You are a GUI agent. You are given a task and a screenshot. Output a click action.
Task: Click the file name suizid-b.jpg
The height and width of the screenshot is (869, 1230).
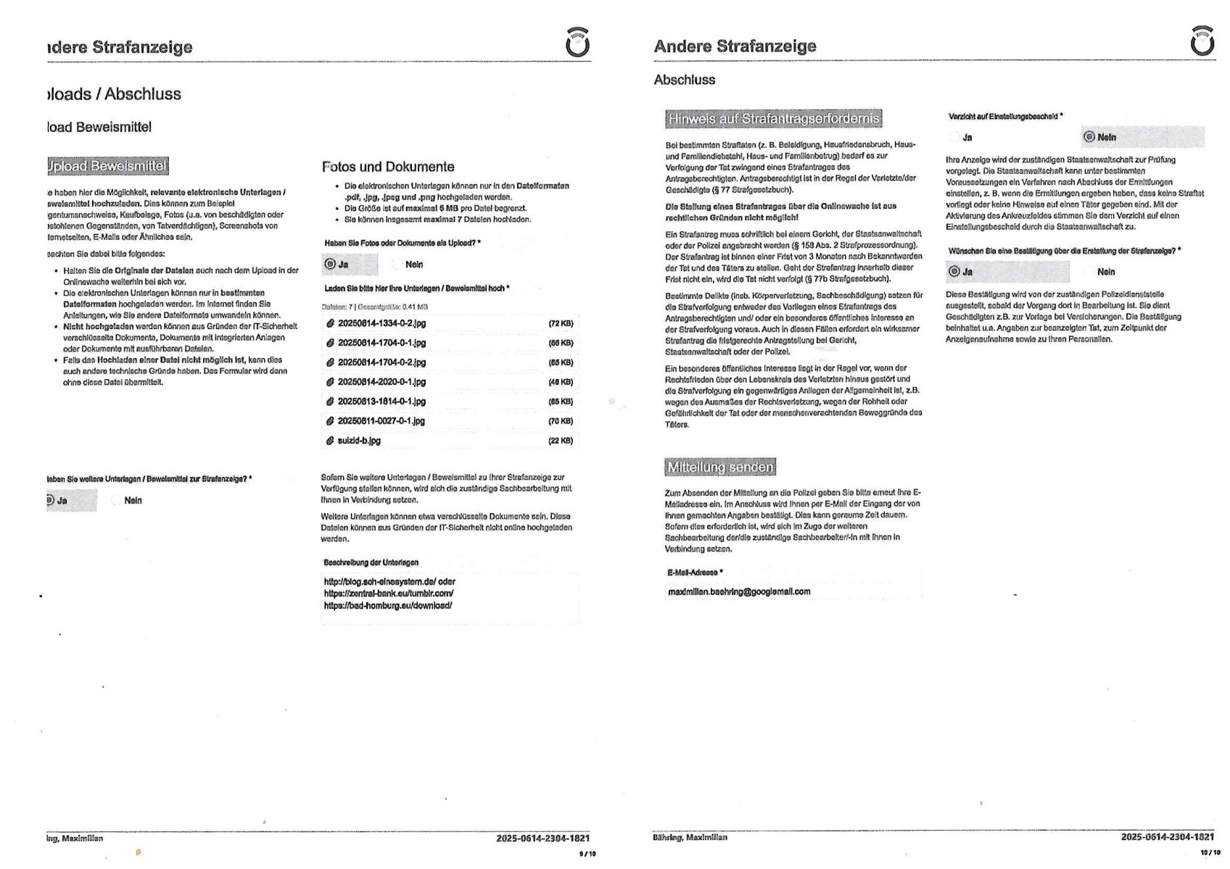pyautogui.click(x=359, y=441)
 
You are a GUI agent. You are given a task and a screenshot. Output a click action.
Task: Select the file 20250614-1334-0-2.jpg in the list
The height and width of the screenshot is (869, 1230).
pyautogui.click(x=381, y=323)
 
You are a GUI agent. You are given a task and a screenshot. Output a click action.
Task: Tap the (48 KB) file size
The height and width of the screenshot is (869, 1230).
pyautogui.click(x=561, y=382)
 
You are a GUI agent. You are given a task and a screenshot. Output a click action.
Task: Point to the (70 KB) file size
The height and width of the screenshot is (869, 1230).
pyautogui.click(x=561, y=421)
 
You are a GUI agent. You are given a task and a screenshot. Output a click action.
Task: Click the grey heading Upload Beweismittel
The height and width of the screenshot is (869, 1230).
pyautogui.click(x=107, y=166)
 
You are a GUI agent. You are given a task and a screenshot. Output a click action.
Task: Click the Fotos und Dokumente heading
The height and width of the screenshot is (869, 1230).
pyautogui.click(x=388, y=167)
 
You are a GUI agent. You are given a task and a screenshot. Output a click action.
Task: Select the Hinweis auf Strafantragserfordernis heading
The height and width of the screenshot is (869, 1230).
pyautogui.click(x=773, y=118)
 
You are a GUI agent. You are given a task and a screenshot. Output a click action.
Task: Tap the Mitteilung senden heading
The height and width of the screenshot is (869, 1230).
pyautogui.click(x=720, y=467)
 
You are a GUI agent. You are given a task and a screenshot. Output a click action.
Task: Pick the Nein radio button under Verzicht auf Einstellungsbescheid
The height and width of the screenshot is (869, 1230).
pyautogui.click(x=1089, y=137)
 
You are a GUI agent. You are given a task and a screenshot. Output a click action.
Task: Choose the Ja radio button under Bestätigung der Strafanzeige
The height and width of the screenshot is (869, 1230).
pyautogui.click(x=954, y=272)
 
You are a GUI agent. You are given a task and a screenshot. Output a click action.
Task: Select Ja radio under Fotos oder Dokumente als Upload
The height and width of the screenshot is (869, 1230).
pyautogui.click(x=331, y=265)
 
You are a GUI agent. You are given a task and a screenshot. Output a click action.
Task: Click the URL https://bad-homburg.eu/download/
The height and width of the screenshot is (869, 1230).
pyautogui.click(x=388, y=605)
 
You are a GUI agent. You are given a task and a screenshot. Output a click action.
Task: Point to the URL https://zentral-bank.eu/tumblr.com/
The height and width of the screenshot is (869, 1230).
pyautogui.click(x=389, y=594)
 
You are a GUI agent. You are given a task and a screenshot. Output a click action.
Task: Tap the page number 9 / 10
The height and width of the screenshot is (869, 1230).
pyautogui.click(x=587, y=854)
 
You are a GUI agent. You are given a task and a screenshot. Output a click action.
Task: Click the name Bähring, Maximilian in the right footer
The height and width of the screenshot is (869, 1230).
pyautogui.click(x=690, y=838)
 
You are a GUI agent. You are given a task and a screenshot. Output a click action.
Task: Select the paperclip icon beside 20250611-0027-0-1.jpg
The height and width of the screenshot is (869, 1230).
pyautogui.click(x=330, y=421)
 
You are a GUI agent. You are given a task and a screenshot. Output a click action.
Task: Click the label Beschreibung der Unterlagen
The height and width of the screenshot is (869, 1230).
pyautogui.click(x=371, y=562)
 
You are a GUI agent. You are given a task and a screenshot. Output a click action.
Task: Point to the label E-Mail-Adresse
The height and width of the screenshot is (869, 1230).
pyautogui.click(x=694, y=573)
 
